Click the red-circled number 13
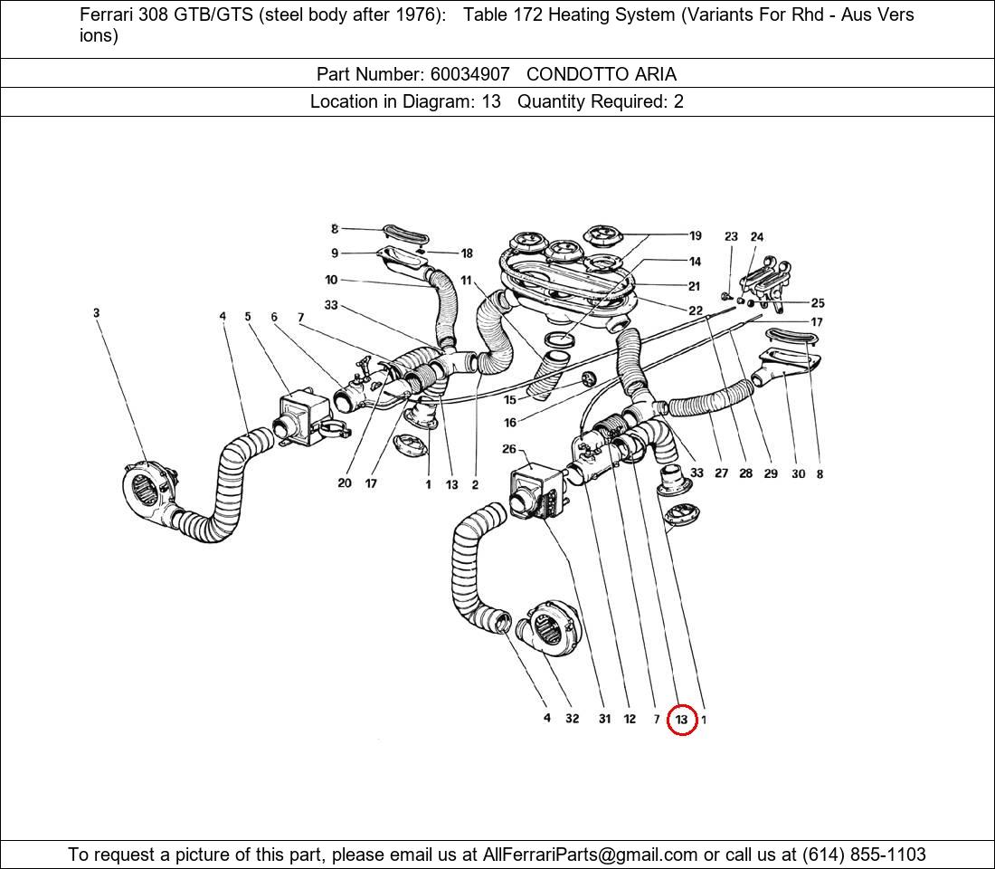tap(681, 720)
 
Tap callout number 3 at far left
tap(96, 313)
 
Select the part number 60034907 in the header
tap(469, 74)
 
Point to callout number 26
tap(509, 449)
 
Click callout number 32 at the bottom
tap(572, 719)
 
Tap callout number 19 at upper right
tap(695, 235)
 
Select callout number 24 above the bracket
tap(757, 237)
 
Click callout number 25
tap(817, 303)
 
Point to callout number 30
tap(798, 473)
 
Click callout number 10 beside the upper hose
tap(331, 280)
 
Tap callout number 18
tap(467, 253)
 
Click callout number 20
tap(344, 483)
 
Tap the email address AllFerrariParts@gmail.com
tap(591, 855)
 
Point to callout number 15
tap(510, 399)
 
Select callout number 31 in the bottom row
tap(604, 719)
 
